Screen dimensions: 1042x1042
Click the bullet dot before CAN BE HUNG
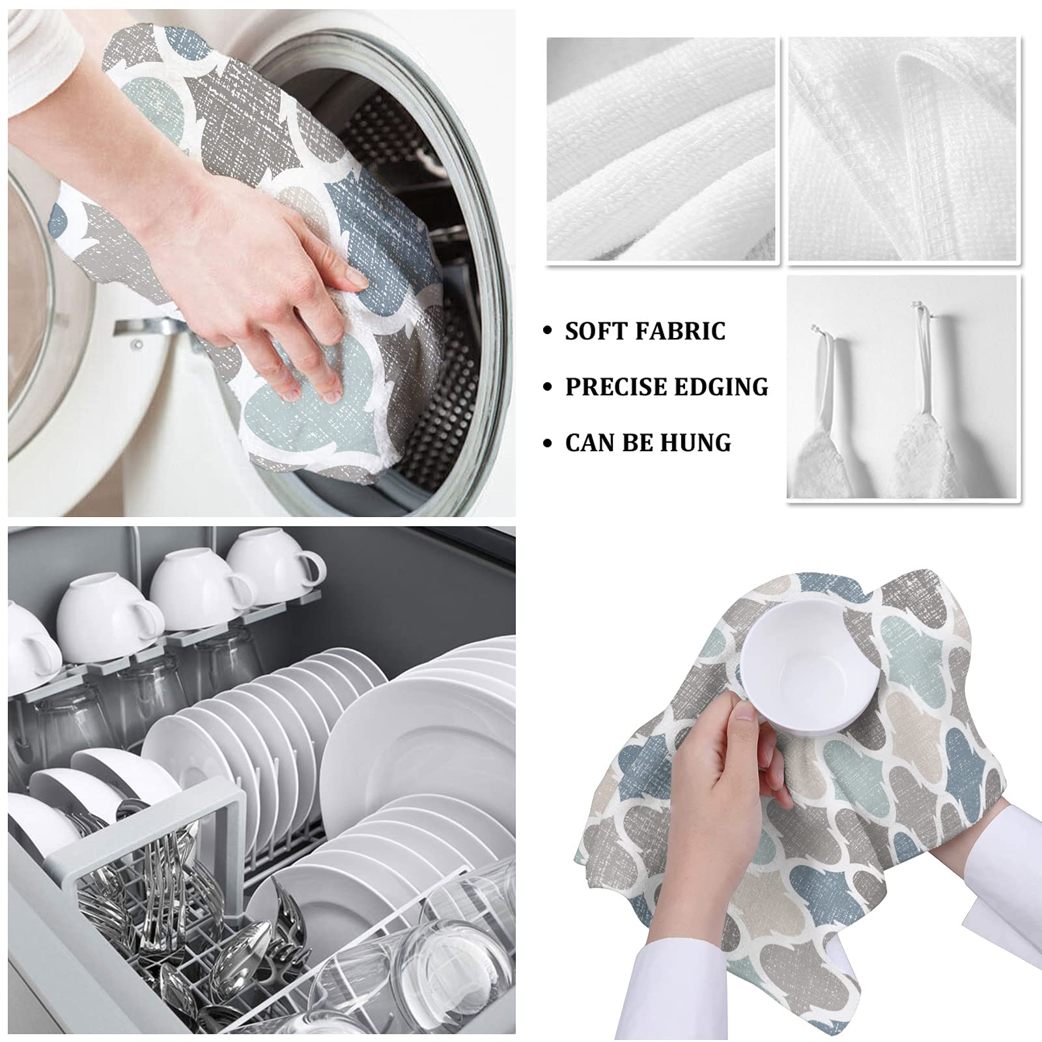(548, 444)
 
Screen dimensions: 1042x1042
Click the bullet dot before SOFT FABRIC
(548, 331)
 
